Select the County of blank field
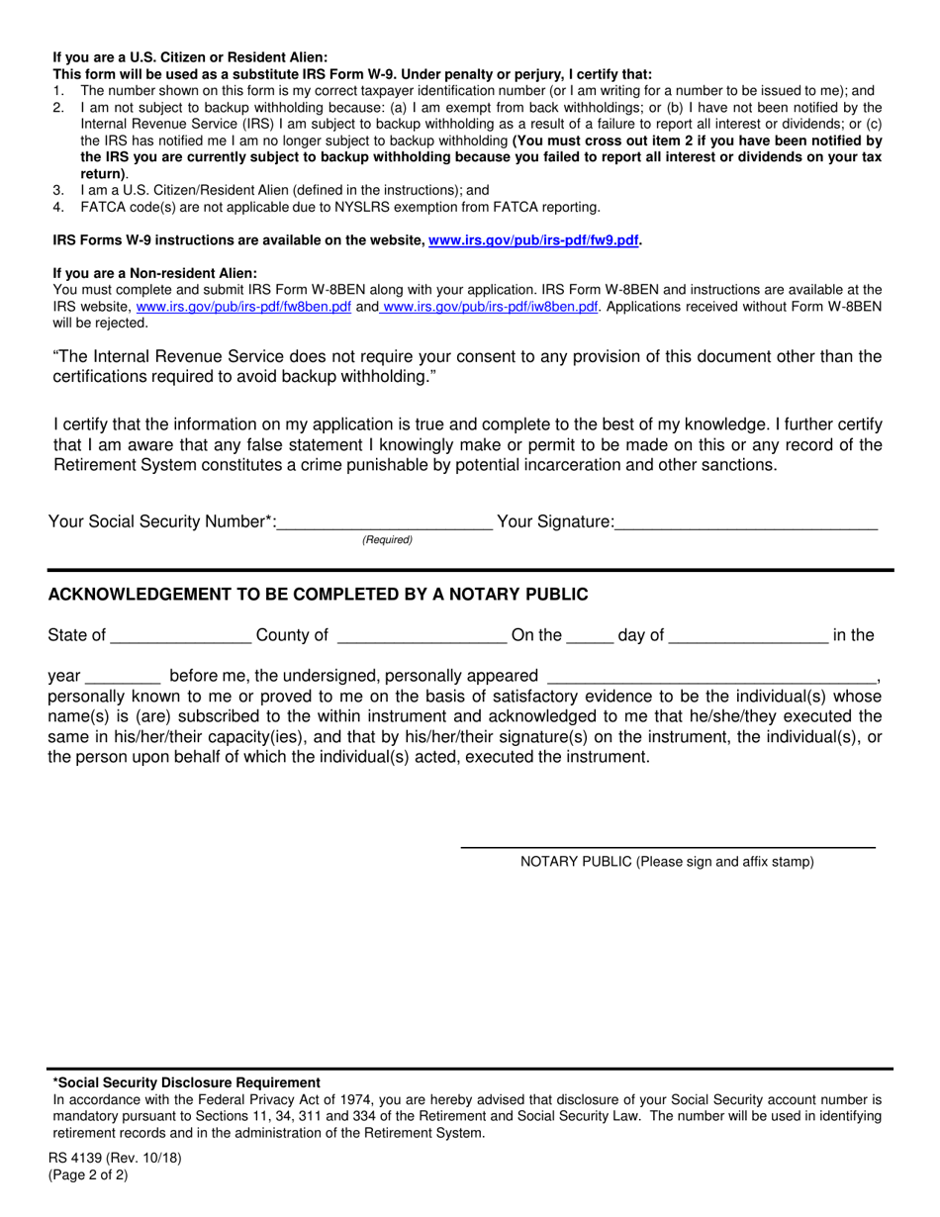point(422,635)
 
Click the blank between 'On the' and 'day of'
point(590,635)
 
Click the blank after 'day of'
point(748,635)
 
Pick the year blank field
point(124,677)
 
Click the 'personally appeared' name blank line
point(711,677)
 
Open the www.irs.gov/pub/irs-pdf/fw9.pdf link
point(533,240)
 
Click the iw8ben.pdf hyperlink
point(490,307)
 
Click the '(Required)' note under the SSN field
point(387,540)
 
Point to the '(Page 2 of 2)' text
point(88,1175)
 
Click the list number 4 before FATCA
point(58,207)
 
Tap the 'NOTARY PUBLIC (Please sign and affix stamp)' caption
point(667,862)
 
